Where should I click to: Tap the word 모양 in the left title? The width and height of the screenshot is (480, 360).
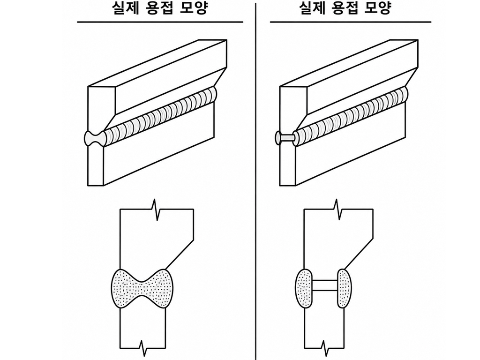tap(195, 7)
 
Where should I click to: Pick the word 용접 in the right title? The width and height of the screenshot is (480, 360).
tap(345, 7)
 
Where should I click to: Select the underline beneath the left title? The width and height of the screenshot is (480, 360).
tap(160, 22)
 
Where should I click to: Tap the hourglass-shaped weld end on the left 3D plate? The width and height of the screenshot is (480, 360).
tap(94, 138)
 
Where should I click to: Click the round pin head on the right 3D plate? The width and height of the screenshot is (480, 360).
tap(278, 138)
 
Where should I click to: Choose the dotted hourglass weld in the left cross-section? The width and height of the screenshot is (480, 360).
tap(142, 289)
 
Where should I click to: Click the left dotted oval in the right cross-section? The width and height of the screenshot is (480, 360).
tap(304, 288)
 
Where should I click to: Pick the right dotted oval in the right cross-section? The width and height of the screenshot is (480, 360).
tap(345, 288)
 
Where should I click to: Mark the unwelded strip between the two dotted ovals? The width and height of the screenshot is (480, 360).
tap(325, 285)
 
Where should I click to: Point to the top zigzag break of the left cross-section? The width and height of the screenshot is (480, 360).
tap(156, 210)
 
